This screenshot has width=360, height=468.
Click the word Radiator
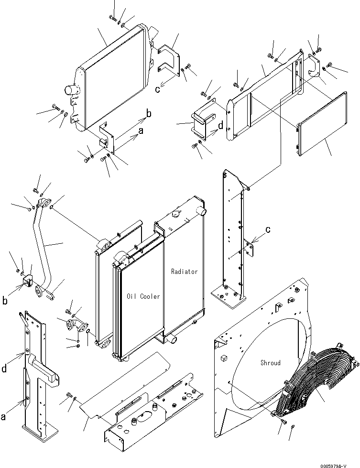pos(184,272)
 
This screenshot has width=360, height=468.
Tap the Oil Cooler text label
pos(143,296)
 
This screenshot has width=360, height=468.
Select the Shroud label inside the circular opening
pos(271,363)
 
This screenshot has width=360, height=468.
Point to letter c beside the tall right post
pos(268,229)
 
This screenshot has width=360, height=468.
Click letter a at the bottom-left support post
pos(4,417)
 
